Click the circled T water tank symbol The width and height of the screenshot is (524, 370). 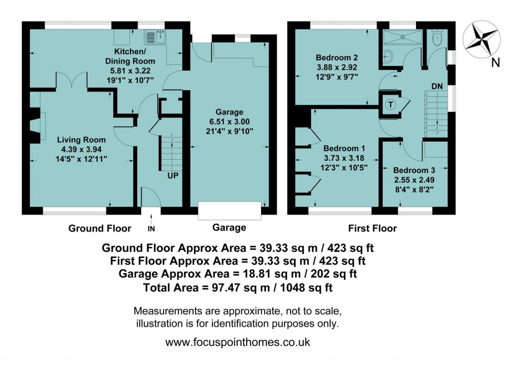[x=390, y=104]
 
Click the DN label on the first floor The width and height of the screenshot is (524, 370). [x=436, y=86]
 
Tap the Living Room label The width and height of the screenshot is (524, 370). [x=81, y=140]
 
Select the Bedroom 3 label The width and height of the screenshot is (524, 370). [x=414, y=170]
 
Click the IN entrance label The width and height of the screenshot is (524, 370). [x=151, y=228]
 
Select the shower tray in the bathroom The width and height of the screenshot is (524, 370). [x=404, y=36]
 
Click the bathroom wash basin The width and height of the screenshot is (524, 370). [x=387, y=57]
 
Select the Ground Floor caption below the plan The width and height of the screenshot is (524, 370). [x=100, y=228]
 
